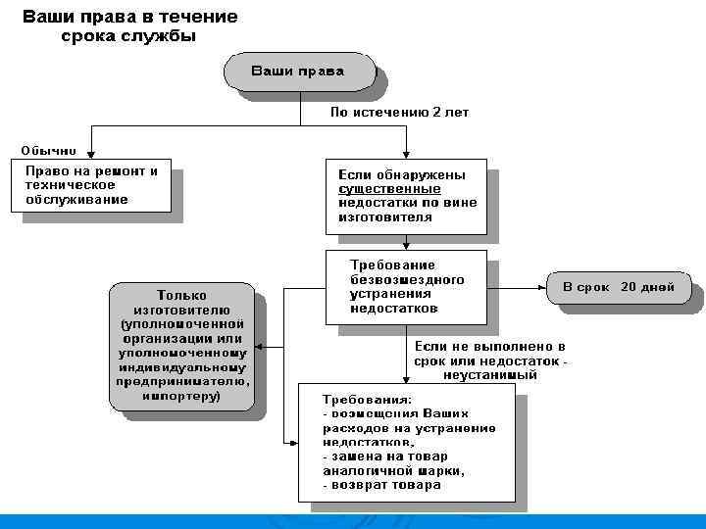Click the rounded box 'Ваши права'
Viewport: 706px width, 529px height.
coord(299,72)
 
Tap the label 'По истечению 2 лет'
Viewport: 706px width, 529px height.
coord(399,113)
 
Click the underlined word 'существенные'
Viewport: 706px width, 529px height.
coord(389,189)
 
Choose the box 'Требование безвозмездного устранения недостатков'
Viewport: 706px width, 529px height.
coord(406,287)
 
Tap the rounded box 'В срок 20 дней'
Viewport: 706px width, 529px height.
coord(618,288)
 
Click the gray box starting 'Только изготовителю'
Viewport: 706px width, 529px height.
coord(181,345)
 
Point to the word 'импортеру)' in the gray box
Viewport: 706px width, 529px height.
coord(181,397)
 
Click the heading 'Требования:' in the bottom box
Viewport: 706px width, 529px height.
coord(369,400)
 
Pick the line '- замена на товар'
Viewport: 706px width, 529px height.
coord(384,457)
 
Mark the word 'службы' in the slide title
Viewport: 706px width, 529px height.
coord(163,36)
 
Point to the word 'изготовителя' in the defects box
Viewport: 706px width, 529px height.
coord(384,217)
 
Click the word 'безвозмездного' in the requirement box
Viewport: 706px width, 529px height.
coord(407,279)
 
